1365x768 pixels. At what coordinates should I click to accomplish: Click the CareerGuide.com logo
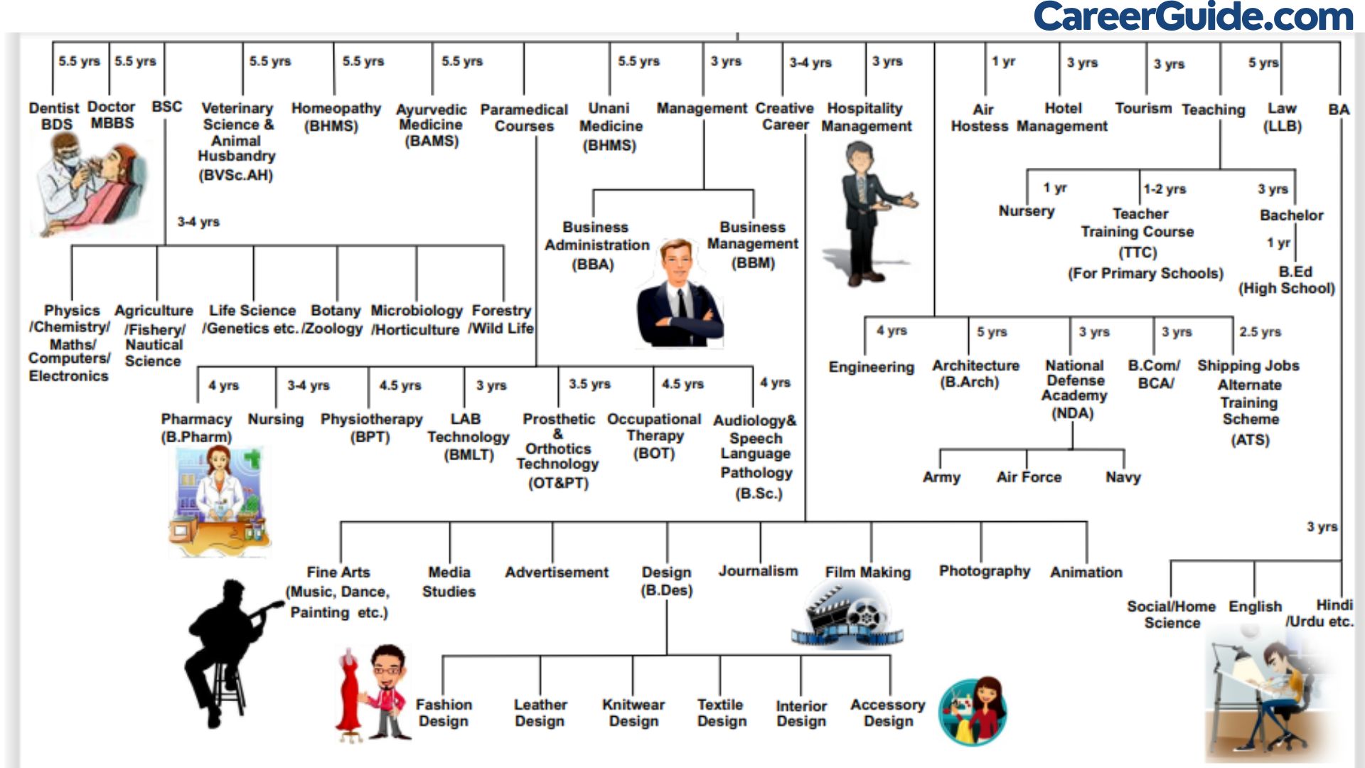click(1193, 16)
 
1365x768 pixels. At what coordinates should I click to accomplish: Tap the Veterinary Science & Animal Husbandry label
click(237, 141)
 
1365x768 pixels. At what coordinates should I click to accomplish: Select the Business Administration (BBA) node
click(596, 245)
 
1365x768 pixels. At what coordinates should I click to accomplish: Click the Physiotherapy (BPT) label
click(371, 427)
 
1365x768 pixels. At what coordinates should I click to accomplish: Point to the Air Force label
click(1029, 477)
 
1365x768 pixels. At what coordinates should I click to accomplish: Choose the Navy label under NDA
click(1123, 477)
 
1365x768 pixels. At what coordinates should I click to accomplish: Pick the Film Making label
click(867, 572)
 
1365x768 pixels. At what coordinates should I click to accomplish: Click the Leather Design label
click(540, 713)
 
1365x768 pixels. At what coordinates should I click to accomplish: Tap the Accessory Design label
click(888, 713)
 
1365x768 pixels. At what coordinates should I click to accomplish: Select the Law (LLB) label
click(1282, 117)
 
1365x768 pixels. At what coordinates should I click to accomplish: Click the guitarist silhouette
click(227, 651)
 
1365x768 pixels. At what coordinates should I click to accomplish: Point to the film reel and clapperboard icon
click(846, 615)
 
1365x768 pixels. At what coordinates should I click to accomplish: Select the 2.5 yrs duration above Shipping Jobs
click(1260, 332)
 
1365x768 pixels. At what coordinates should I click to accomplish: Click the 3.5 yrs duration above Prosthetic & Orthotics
click(589, 384)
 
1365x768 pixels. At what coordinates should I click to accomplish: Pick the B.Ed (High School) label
click(1287, 280)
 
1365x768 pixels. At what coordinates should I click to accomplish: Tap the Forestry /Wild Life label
click(501, 319)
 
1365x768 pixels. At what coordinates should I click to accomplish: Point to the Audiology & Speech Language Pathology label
click(756, 456)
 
